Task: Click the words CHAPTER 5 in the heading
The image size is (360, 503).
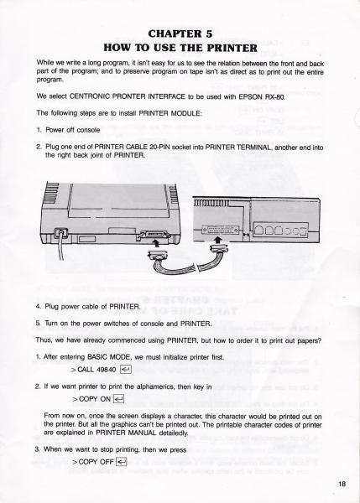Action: tap(180, 34)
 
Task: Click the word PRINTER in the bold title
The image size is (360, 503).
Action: tap(232, 48)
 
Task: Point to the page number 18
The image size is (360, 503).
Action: tap(342, 484)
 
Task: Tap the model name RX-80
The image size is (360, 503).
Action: tap(275, 96)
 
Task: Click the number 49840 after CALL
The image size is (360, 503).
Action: tap(106, 370)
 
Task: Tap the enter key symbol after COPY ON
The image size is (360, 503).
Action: tap(118, 399)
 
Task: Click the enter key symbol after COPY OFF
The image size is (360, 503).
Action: tap(122, 462)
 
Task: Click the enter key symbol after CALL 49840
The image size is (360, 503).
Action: tap(126, 370)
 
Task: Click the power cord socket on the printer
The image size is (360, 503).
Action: tap(60, 233)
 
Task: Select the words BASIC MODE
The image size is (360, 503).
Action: tap(108, 357)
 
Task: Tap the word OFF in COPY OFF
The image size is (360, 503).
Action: tap(107, 462)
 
